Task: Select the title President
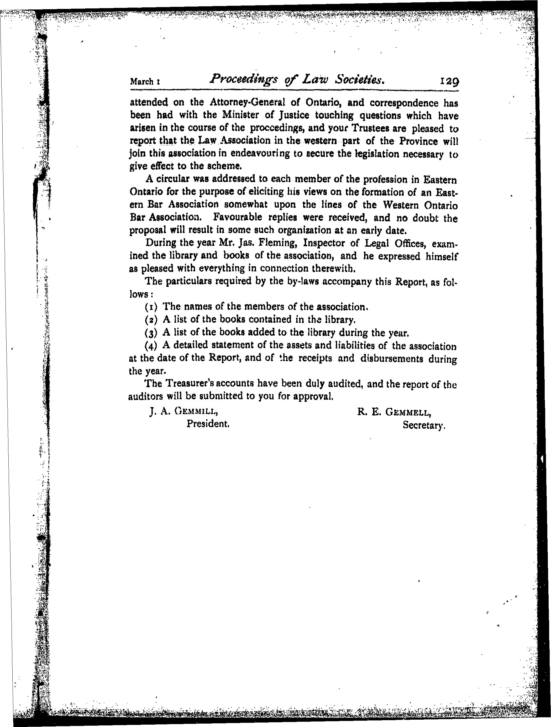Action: (x=208, y=424)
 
